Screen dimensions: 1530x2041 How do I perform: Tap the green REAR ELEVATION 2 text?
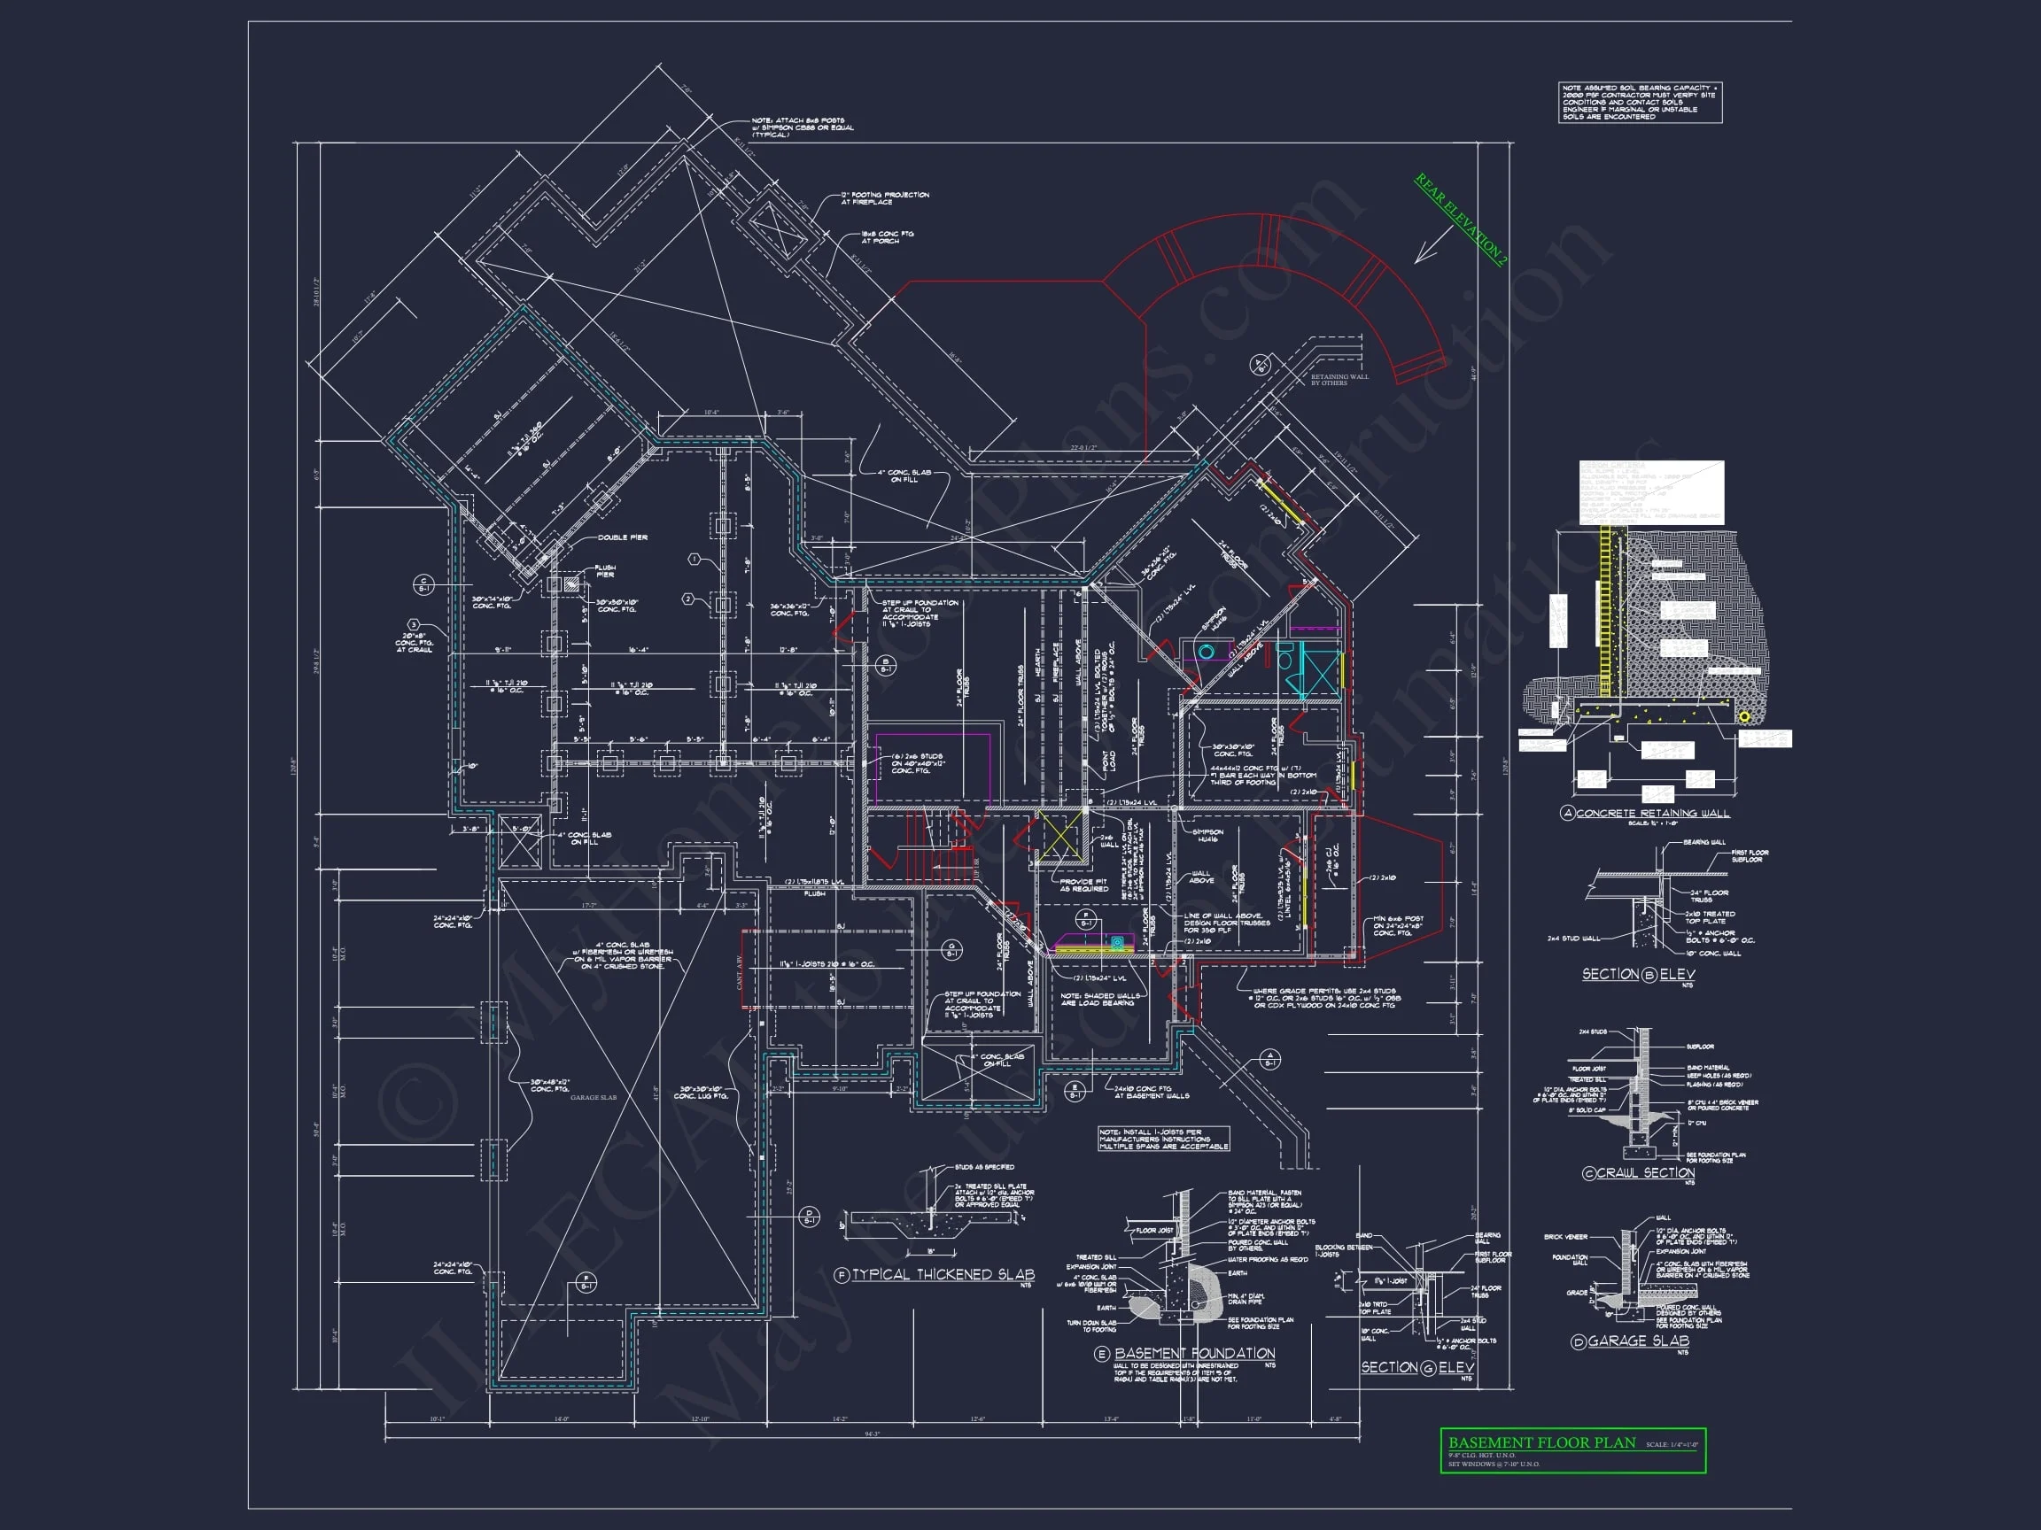click(x=1461, y=220)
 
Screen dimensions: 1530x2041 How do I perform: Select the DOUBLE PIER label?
click(x=622, y=537)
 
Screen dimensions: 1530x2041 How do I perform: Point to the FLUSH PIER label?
click(x=604, y=571)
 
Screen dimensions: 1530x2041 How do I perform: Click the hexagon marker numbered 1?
click(x=695, y=560)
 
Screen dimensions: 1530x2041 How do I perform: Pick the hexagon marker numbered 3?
click(x=415, y=625)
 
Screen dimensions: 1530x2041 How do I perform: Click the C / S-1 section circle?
click(x=423, y=584)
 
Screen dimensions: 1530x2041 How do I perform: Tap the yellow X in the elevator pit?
click(x=1059, y=838)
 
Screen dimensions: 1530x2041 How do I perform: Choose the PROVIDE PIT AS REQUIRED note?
click(x=1083, y=885)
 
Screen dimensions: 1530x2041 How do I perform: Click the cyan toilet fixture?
click(x=1207, y=653)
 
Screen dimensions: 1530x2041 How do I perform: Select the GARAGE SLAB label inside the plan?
click(x=594, y=1097)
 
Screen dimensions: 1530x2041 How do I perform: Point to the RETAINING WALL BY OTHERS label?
click(x=1339, y=379)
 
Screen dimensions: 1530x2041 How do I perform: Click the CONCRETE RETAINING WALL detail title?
click(x=1652, y=814)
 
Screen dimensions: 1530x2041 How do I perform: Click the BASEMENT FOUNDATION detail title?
click(x=1194, y=1353)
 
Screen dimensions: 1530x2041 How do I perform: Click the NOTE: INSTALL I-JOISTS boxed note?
click(x=1163, y=1139)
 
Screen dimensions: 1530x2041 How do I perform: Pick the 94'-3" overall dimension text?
click(x=871, y=1434)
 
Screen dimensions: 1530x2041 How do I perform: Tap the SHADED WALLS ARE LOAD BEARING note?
click(x=1100, y=999)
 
